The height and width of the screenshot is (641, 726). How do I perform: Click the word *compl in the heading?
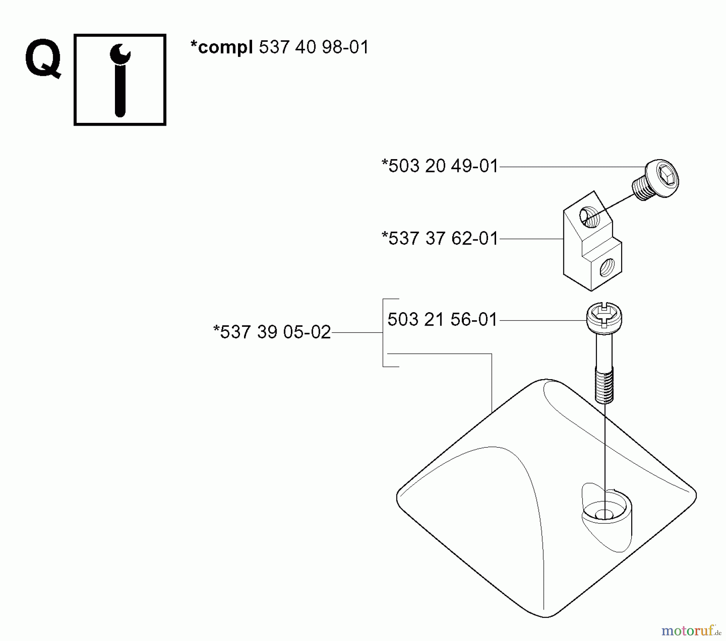pos(221,48)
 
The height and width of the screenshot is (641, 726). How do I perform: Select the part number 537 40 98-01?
pos(313,48)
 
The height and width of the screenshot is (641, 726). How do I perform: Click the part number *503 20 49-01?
pos(440,166)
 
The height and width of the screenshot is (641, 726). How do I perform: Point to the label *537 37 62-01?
pos(440,239)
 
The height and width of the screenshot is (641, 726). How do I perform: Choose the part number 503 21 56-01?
pos(442,319)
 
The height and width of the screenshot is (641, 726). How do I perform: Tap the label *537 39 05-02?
pos(272,332)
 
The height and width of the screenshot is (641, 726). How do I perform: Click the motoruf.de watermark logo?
pos(690,630)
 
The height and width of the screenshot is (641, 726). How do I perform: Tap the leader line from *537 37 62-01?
pos(531,239)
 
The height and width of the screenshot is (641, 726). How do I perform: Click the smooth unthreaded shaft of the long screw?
pos(604,351)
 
